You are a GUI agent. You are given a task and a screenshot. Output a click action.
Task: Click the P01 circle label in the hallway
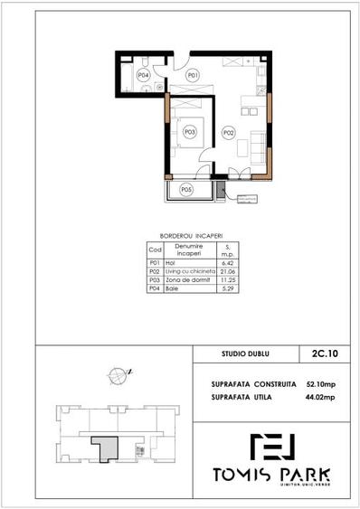click(x=192, y=76)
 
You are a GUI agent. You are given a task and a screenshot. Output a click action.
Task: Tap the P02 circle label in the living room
click(x=229, y=133)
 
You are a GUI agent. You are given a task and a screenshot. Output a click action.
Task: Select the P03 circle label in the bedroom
click(x=189, y=132)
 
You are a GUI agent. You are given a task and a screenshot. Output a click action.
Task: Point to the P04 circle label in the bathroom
click(x=143, y=75)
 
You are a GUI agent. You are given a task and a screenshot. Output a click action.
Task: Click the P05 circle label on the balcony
click(x=186, y=189)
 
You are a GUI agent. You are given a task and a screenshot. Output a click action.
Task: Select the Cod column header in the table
click(x=154, y=250)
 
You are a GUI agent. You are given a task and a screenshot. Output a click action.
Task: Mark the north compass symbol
click(x=117, y=372)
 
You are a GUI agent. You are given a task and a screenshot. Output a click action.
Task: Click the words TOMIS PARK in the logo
click(x=271, y=475)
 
